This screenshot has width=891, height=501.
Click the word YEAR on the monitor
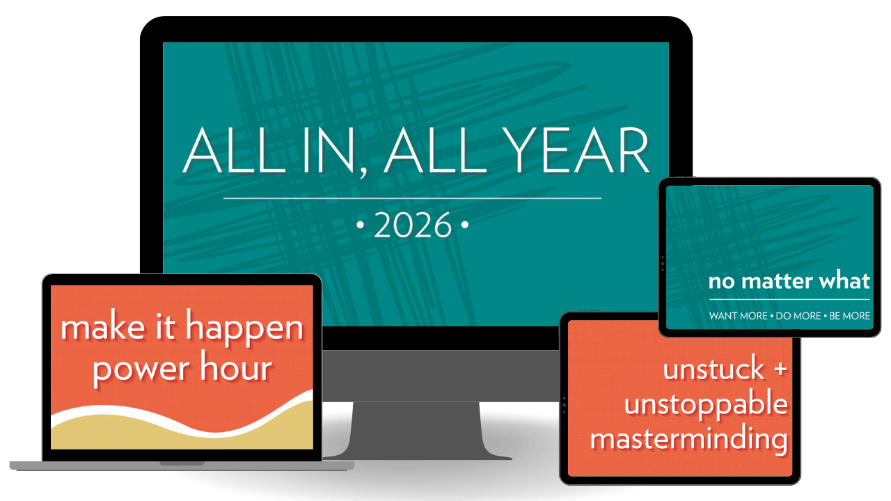[578, 150]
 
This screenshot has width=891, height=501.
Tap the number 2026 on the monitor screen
[413, 225]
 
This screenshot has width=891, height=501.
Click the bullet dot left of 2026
[361, 225]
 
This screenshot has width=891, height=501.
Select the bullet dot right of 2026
[464, 225]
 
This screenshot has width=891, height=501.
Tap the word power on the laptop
[141, 369]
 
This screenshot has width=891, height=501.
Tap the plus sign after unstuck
[780, 368]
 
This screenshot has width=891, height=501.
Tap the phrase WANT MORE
[739, 316]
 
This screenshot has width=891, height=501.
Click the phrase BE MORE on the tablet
[850, 316]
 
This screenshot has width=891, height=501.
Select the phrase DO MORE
[798, 316]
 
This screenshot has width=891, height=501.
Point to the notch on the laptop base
[182, 463]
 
